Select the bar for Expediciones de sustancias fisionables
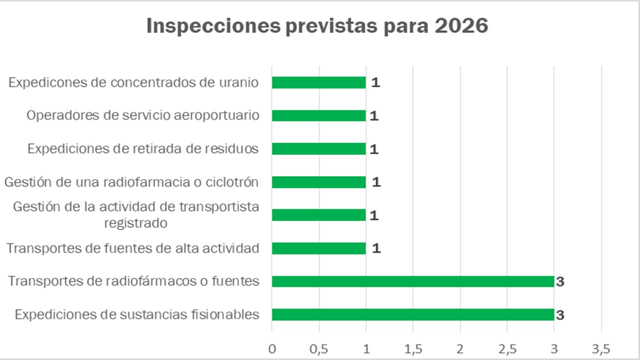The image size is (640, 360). pos(412,314)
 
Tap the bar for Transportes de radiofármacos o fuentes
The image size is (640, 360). pos(412,281)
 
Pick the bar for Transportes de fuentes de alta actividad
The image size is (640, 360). pos(318,248)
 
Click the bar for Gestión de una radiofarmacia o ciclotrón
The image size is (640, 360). pos(318,182)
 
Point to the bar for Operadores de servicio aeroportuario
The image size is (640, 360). pos(318,115)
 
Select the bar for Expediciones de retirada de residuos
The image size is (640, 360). pos(318,149)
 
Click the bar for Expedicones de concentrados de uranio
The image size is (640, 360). pos(318,82)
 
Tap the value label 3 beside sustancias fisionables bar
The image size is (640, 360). pos(560,315)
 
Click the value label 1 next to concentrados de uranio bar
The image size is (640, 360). pos(375,82)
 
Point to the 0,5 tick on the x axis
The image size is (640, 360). pos(319,348)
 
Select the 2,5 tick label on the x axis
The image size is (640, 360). pos(507,348)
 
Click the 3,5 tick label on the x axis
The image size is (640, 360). pos(600,348)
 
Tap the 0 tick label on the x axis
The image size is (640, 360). pos(272,348)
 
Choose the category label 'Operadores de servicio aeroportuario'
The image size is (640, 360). pos(142,115)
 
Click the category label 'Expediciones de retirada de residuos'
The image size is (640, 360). pos(143,149)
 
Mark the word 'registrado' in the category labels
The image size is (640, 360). pos(135,223)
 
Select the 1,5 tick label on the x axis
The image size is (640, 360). pos(412,348)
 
